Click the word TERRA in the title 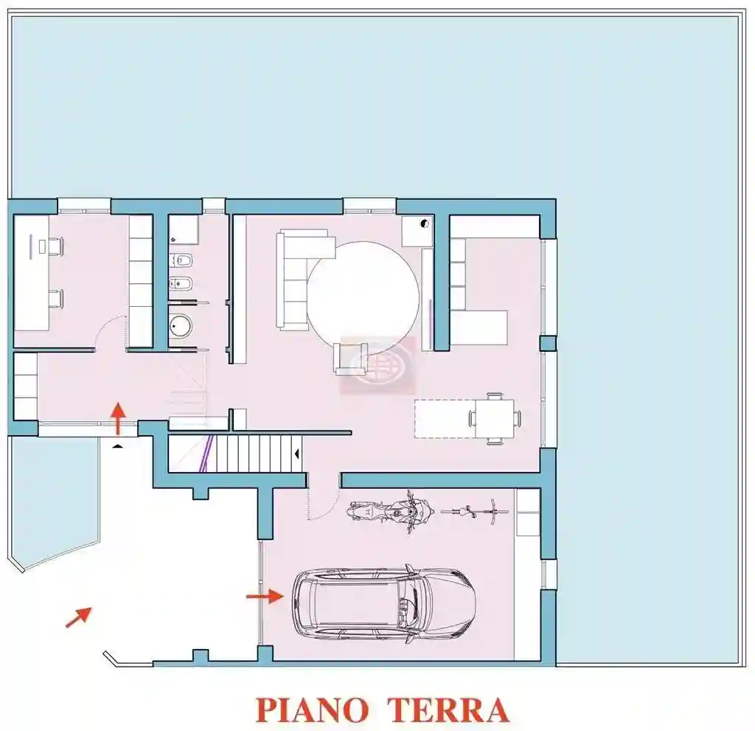[448, 710]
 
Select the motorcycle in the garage [390, 510]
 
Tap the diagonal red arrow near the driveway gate [79, 616]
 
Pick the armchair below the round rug [350, 357]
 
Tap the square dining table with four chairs [493, 418]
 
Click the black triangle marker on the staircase [297, 453]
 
